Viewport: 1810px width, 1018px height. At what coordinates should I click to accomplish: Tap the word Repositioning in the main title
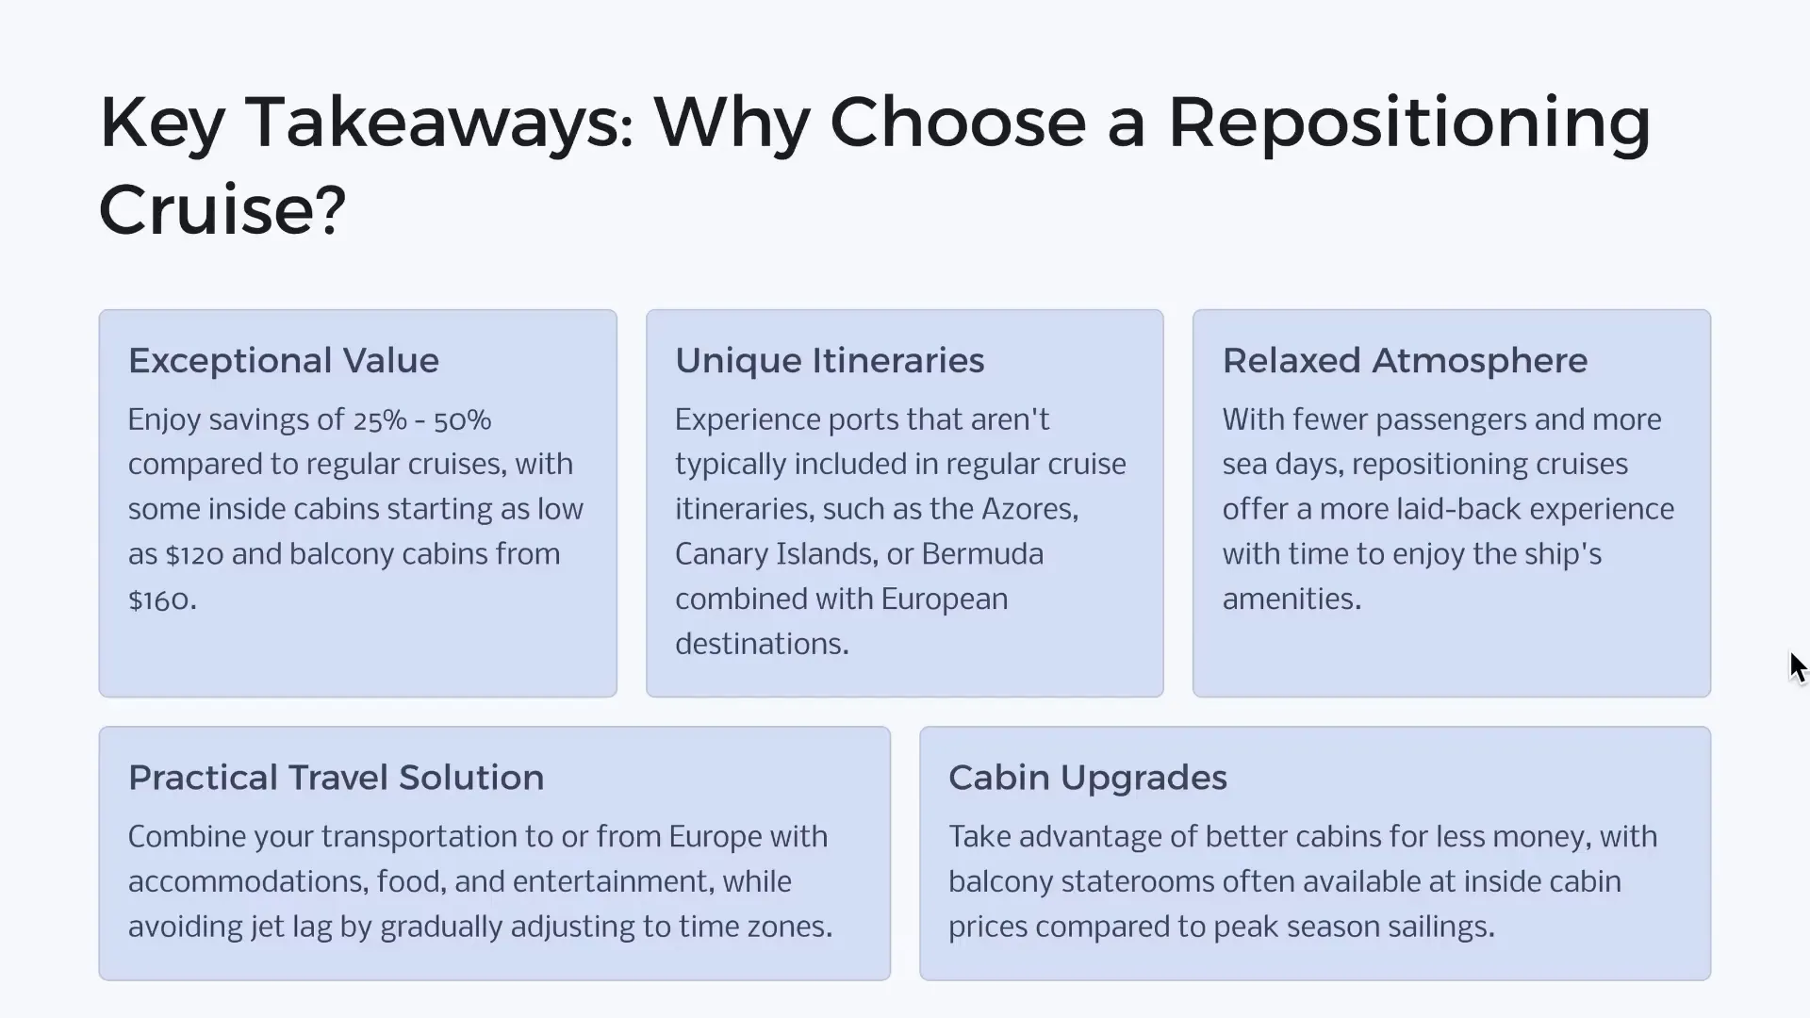point(1409,123)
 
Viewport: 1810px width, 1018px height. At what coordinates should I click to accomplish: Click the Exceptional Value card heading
point(284,360)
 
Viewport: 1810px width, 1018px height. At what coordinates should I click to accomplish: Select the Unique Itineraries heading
point(830,360)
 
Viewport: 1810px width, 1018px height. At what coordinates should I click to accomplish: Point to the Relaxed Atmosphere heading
point(1405,360)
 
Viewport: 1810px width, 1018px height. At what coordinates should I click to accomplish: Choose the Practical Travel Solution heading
point(336,778)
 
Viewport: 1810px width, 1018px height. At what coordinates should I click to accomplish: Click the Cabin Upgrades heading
point(1087,778)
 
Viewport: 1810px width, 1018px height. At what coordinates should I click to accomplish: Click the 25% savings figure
point(380,420)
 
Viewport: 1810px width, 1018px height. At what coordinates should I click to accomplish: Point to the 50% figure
point(462,420)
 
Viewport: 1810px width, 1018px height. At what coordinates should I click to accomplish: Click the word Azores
point(1028,509)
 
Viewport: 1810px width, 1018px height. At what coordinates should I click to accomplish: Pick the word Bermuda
point(982,554)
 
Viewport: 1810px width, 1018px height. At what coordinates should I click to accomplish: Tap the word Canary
point(720,554)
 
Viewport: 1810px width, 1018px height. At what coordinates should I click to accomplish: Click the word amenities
point(1291,599)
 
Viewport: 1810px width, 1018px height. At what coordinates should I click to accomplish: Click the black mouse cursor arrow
point(1797,666)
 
